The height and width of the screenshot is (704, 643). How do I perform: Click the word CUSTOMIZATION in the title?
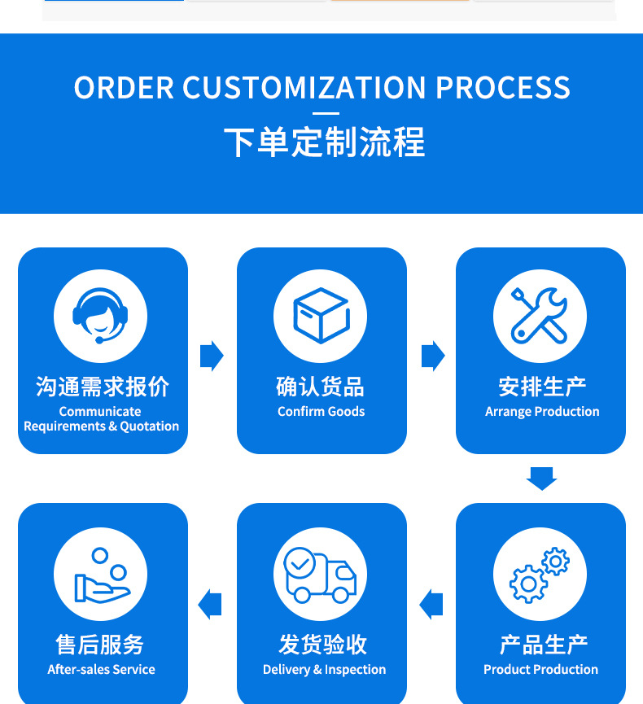[304, 88]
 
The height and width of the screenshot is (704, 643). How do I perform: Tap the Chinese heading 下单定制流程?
[324, 142]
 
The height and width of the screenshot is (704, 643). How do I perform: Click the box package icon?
[321, 316]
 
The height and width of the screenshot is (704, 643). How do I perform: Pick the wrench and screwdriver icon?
[540, 316]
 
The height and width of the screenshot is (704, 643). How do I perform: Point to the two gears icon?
[540, 575]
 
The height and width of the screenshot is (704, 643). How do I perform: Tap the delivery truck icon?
[320, 575]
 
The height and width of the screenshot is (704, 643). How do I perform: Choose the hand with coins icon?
[103, 575]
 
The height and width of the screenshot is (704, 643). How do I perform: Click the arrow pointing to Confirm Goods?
[212, 356]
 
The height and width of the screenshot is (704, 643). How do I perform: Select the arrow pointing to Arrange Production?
[433, 356]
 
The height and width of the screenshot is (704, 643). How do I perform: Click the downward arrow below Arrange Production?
[541, 479]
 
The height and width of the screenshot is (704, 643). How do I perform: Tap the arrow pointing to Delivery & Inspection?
[431, 605]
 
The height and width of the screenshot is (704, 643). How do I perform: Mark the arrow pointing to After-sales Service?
[210, 605]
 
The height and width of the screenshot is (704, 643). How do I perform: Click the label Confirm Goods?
[321, 411]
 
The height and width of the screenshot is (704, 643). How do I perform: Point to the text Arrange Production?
[542, 412]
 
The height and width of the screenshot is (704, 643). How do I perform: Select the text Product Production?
[540, 670]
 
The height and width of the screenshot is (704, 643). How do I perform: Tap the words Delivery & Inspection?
[324, 670]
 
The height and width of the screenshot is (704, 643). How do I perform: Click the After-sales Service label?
[101, 670]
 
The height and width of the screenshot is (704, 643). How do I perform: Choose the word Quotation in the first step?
[149, 426]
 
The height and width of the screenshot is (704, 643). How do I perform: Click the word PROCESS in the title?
[503, 88]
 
